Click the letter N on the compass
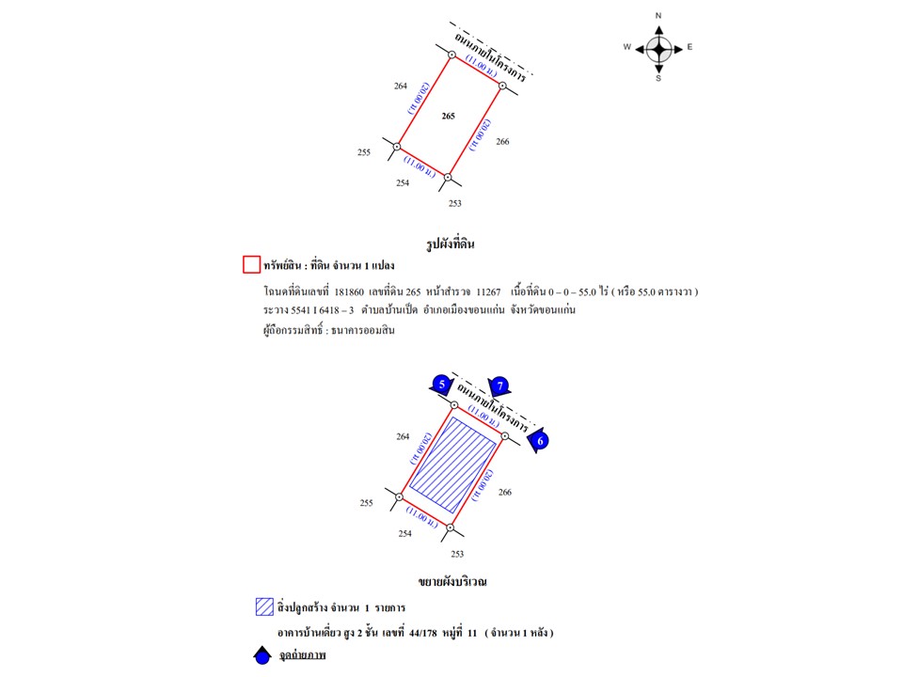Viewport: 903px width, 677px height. coord(658,16)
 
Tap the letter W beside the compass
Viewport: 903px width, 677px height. coord(626,47)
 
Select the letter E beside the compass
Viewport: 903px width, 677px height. coord(689,47)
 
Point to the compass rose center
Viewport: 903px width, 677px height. coord(658,47)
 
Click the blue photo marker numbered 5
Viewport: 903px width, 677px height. coord(440,384)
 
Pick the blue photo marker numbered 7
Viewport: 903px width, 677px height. coord(500,385)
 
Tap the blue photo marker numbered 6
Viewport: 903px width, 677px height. coord(539,440)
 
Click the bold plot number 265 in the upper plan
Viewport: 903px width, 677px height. coord(448,117)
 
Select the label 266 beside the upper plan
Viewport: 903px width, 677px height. coord(502,142)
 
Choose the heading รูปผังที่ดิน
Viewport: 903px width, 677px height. coord(451,244)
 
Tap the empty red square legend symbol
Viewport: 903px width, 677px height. coord(251,265)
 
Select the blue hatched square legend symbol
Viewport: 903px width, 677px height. coord(263,606)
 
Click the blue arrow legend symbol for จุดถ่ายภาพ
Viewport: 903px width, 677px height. coord(262,656)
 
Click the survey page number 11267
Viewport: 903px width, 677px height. coord(489,291)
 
